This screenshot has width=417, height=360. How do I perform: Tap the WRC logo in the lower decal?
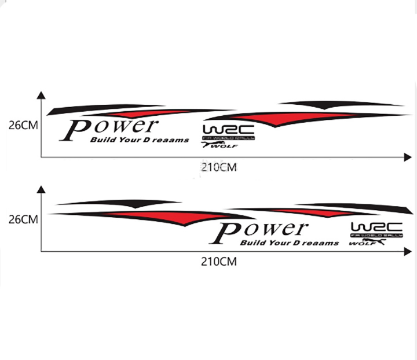tap(376, 227)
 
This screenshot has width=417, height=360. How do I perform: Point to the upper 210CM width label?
tap(218, 168)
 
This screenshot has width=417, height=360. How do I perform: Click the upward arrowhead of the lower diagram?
tap(41, 190)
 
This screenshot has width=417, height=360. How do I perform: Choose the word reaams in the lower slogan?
tap(322, 243)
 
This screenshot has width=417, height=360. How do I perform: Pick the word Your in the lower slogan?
tap(276, 243)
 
